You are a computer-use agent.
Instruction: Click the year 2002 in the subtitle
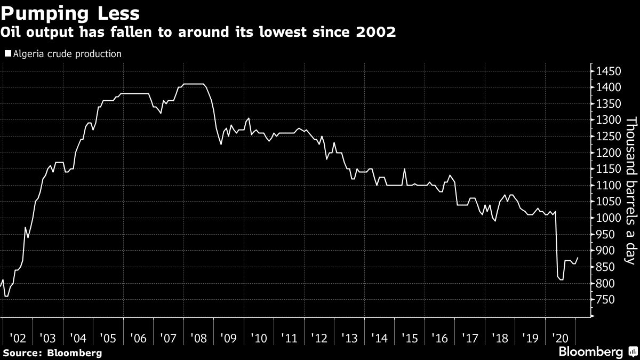pos(377,33)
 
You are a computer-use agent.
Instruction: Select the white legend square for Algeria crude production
pos(7,54)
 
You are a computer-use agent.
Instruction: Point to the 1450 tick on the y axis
pos(608,71)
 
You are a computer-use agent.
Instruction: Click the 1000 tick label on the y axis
pos(608,218)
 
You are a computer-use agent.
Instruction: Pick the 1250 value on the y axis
pos(608,137)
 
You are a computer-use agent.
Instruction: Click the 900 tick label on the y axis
pos(605,251)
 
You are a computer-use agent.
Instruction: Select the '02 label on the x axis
pos(18,338)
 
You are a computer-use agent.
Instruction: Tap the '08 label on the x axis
pos(198,338)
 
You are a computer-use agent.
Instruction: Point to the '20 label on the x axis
pos(561,338)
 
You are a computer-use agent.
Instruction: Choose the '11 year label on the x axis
pos(289,338)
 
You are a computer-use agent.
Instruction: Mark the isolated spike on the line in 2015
pos(405,169)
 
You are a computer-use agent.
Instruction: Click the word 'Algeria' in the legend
pos(26,54)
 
